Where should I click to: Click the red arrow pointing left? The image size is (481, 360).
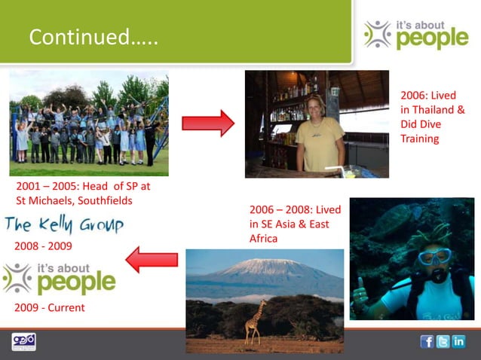[151, 260]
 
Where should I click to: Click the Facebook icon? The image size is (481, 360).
[427, 341]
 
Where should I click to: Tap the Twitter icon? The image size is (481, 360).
[443, 341]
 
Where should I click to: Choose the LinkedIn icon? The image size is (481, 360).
[458, 341]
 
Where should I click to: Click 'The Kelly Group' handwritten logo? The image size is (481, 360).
[64, 224]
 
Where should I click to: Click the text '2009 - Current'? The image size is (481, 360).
[50, 307]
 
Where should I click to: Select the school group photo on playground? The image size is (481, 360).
[89, 124]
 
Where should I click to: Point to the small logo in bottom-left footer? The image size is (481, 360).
[23, 342]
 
